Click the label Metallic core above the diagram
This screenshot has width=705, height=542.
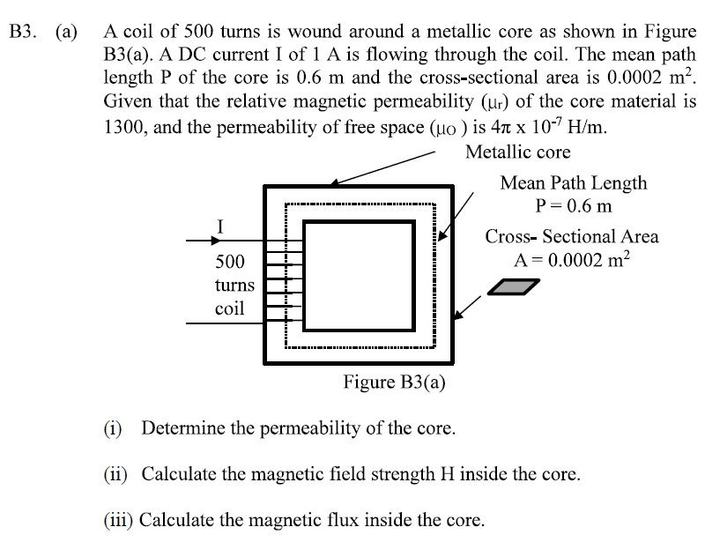click(x=517, y=152)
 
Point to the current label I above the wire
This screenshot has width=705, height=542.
click(x=220, y=226)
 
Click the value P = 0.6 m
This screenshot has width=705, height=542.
click(x=573, y=206)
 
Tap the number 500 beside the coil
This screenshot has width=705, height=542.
click(x=230, y=262)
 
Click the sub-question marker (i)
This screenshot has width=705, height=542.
click(x=115, y=429)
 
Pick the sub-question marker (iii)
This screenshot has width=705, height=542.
click(x=120, y=519)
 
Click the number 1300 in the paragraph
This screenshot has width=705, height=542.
click(x=125, y=126)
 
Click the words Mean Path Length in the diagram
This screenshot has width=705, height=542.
click(x=573, y=183)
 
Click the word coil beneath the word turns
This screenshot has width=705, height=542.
click(x=229, y=309)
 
